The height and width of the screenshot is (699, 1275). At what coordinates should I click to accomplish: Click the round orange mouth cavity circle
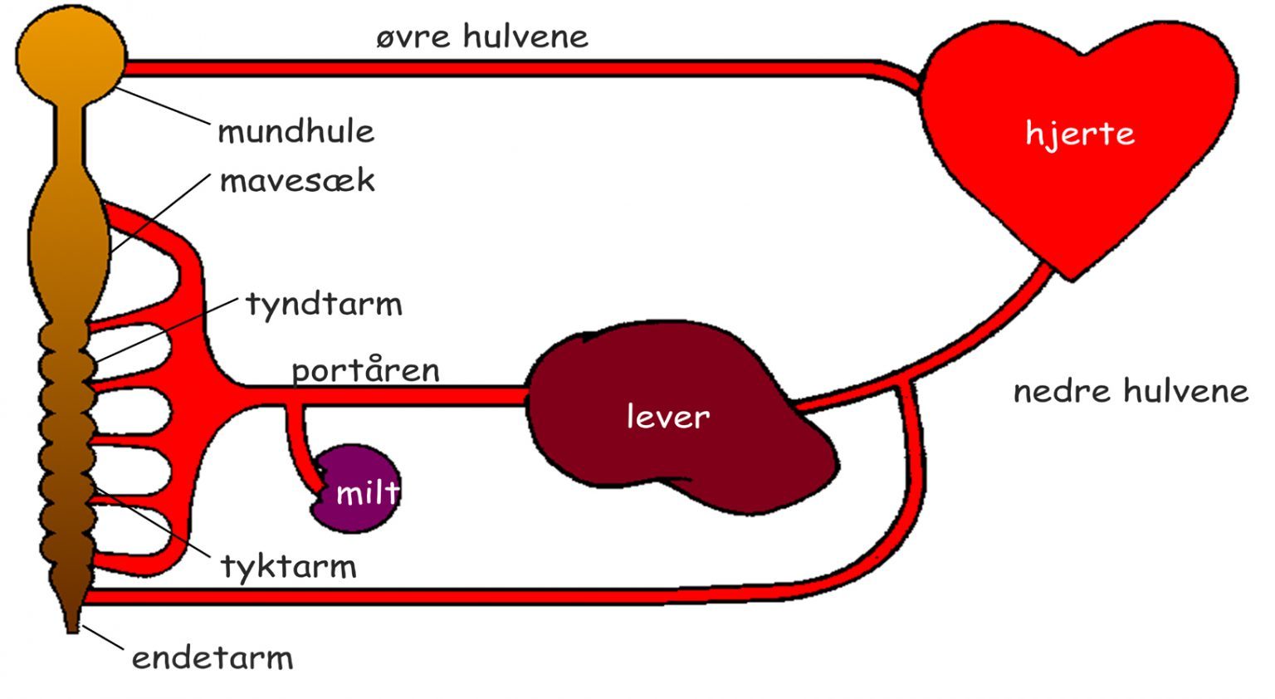point(71,54)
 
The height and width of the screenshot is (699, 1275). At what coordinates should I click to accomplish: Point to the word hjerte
point(1079,134)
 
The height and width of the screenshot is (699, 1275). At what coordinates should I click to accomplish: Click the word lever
point(668,416)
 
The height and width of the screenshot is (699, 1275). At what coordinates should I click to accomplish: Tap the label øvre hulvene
point(481,37)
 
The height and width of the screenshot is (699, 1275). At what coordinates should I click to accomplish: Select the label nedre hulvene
point(1131,390)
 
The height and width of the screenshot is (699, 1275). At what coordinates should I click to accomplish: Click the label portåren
point(365,370)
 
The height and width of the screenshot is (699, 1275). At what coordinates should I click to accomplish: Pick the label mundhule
point(296,131)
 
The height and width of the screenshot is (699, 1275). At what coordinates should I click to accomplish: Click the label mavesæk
point(297,180)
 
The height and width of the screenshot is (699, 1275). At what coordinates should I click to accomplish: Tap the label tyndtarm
point(324,304)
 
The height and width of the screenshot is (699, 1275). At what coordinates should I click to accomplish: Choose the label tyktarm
point(288,567)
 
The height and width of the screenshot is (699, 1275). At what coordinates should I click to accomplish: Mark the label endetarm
point(212,657)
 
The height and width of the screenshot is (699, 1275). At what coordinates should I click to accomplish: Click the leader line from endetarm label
point(103,638)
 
